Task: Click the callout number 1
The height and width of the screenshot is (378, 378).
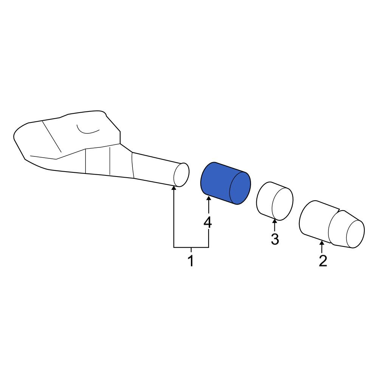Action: tap(191, 261)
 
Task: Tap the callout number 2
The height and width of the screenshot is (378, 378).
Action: tap(323, 261)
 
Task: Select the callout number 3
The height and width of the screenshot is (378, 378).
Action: tap(275, 239)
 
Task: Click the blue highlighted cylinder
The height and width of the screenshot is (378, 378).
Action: tap(226, 183)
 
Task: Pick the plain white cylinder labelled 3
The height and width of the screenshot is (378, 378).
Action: tap(274, 201)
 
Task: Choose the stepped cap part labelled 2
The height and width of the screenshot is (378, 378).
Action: tap(332, 224)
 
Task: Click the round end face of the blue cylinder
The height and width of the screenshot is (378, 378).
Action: tap(240, 188)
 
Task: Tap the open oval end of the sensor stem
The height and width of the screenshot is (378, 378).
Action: tap(181, 175)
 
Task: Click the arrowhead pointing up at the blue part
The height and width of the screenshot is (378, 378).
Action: tap(209, 199)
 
